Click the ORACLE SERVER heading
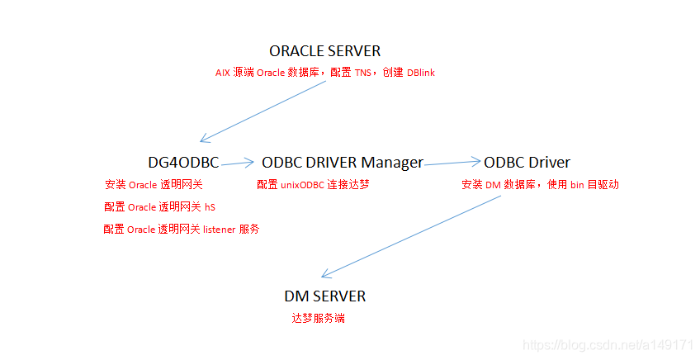point(324,51)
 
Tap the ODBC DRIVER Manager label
point(342,163)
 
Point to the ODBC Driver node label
point(527,163)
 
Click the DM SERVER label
point(324,296)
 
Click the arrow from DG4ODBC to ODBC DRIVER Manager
point(239,163)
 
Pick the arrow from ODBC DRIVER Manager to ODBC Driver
point(452,163)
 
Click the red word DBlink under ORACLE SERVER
point(421,73)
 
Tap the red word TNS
point(363,73)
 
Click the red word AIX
point(223,73)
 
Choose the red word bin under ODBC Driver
point(577,185)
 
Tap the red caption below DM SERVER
point(318,318)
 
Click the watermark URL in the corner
point(609,344)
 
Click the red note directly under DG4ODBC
point(154,185)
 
